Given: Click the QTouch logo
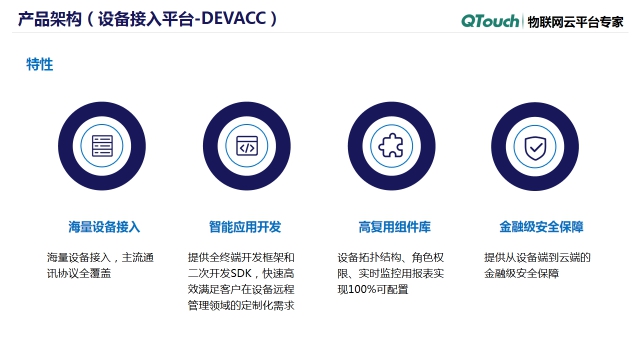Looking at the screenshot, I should coord(491,20).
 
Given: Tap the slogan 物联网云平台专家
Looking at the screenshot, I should coord(576,20).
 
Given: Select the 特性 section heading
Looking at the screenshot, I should coord(40,64).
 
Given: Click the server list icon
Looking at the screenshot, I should coord(102,147).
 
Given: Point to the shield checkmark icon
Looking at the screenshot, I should coord(536,147).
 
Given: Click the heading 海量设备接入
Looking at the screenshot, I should coord(104,226).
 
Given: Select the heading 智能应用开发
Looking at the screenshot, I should coord(245,226).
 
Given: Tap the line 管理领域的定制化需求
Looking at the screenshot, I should coord(241,305).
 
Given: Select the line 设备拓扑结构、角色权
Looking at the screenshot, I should coord(391,257).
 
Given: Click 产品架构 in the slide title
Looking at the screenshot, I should coord(45,19).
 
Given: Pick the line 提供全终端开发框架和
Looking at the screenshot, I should coord(241,257).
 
